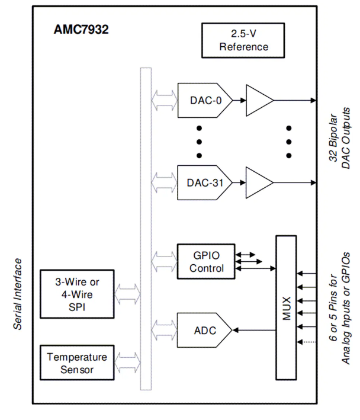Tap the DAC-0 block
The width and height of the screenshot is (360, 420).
click(204, 100)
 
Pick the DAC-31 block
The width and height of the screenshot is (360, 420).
click(204, 181)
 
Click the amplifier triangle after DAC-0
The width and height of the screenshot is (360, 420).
click(258, 100)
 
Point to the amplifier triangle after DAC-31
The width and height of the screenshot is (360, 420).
click(258, 181)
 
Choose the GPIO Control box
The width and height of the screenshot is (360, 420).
click(207, 261)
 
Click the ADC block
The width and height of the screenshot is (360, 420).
click(204, 329)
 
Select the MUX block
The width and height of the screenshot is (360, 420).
click(287, 306)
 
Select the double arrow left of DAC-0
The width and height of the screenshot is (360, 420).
click(164, 100)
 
